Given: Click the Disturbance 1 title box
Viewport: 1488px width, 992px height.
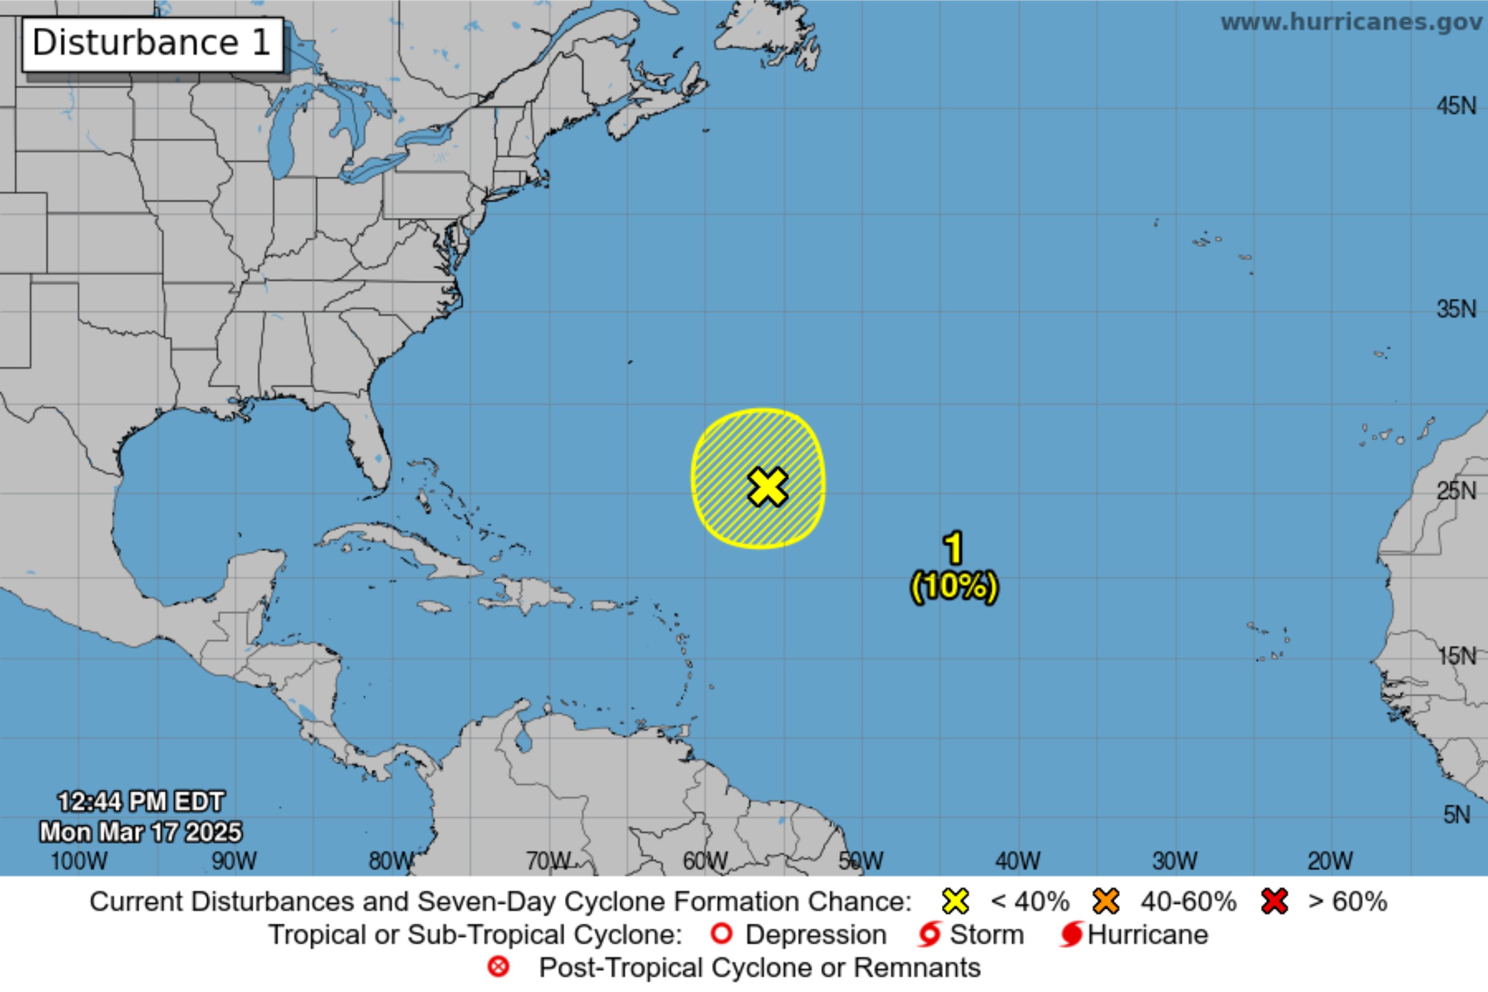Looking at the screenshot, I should pyautogui.click(x=152, y=44).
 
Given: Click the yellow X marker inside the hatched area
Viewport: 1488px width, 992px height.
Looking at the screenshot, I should pyautogui.click(x=767, y=487).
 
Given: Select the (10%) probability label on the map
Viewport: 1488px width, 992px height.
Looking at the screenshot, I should pyautogui.click(x=954, y=586).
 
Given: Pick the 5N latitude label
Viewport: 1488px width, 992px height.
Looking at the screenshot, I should pyautogui.click(x=1456, y=815).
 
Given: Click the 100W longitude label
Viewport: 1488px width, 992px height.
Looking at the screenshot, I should pyautogui.click(x=78, y=861).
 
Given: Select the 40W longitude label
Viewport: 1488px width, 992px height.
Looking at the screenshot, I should pyautogui.click(x=1017, y=861).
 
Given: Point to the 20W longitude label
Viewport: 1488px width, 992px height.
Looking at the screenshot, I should pyautogui.click(x=1330, y=861).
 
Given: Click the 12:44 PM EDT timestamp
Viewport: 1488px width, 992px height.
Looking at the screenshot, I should pyautogui.click(x=140, y=802).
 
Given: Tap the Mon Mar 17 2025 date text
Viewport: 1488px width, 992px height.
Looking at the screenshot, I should pyautogui.click(x=140, y=832).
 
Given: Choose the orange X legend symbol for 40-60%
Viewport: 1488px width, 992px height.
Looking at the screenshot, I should pyautogui.click(x=1105, y=902).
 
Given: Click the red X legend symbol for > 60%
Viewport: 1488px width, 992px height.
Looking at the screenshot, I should pyautogui.click(x=1274, y=902).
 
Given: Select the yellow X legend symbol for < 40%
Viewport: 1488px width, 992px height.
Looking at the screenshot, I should pyautogui.click(x=955, y=902).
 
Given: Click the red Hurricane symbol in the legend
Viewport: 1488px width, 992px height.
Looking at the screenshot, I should pyautogui.click(x=1071, y=934).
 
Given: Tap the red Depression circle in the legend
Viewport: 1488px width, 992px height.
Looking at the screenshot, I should pyautogui.click(x=722, y=934).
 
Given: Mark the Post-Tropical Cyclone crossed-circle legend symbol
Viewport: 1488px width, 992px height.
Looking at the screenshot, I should pyautogui.click(x=498, y=967).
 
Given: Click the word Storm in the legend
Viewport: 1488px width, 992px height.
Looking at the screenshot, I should pyautogui.click(x=987, y=934).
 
